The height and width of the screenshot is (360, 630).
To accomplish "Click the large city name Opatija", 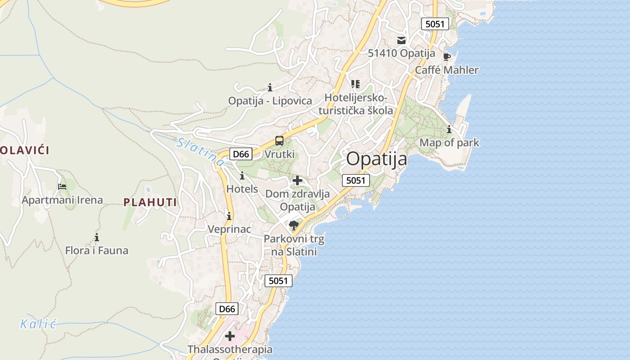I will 377,159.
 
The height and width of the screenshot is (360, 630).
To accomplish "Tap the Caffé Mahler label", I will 446,70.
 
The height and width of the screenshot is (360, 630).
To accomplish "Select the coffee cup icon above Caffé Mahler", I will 446,57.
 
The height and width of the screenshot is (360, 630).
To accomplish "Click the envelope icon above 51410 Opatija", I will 401,40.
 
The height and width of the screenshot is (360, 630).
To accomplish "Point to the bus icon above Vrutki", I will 279,141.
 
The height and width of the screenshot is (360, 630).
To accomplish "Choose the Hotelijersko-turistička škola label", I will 355,104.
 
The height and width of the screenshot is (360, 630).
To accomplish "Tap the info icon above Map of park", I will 449,130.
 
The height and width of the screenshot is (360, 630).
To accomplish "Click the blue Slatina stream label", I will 200,152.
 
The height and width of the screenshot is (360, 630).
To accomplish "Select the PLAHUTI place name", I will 150,202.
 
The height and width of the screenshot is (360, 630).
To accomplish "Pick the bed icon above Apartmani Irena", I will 62,186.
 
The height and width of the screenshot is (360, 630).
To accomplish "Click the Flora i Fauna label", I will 97,251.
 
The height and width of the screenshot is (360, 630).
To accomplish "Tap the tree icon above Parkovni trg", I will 294,225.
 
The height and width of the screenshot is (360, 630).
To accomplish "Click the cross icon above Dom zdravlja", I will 297,181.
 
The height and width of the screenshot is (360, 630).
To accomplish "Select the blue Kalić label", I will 38,324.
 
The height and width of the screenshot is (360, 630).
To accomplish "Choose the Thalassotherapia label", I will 229,349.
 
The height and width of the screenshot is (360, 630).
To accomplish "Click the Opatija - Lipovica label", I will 270,101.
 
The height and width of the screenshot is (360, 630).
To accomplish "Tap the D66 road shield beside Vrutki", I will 241,154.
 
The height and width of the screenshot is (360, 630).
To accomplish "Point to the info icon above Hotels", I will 242,175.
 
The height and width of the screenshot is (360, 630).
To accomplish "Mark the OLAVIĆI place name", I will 25,150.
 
